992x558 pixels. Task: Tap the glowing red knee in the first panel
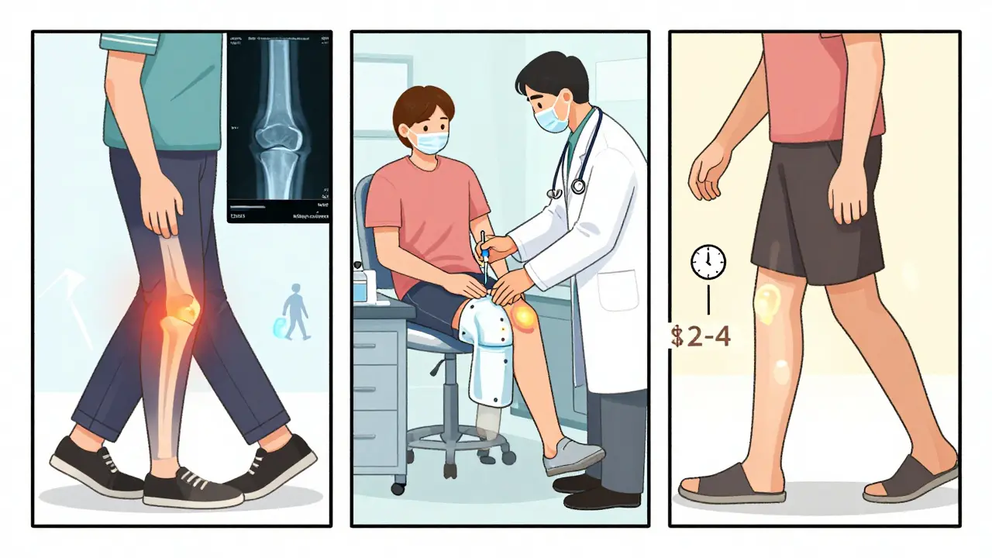180,308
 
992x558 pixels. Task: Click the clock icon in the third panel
708,263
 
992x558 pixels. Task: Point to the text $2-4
700,337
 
